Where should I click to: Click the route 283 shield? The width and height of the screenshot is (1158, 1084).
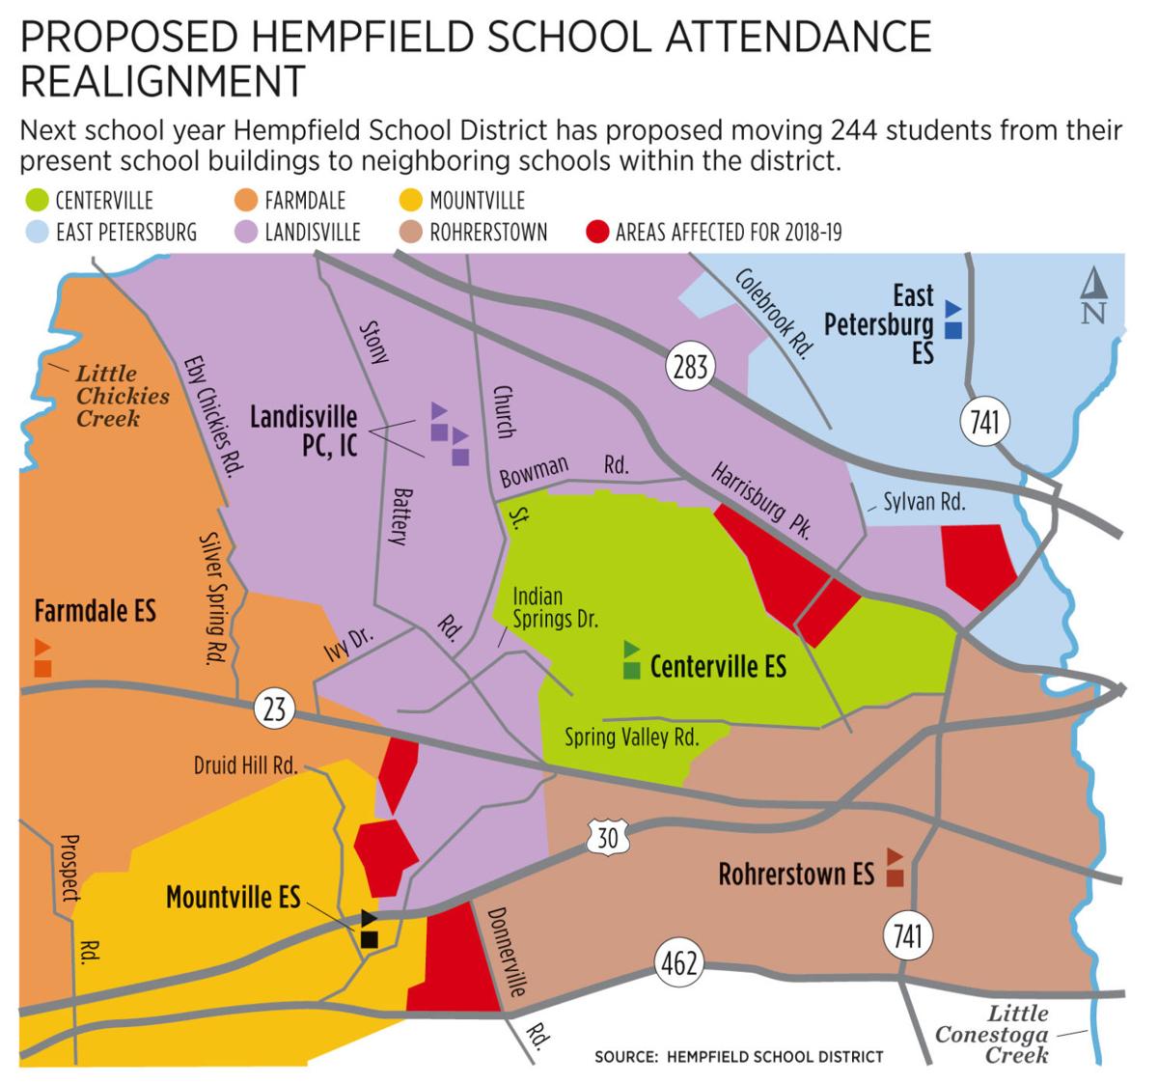690,366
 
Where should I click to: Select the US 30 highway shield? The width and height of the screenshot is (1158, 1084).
608,837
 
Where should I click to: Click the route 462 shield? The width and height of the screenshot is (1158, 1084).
678,962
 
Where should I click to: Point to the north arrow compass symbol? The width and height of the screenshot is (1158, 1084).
1092,296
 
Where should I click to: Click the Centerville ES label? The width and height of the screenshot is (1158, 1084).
718,666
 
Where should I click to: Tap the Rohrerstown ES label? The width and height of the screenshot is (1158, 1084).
796,875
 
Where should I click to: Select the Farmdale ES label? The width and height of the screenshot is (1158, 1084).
95,610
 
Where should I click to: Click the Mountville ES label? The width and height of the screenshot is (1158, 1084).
233,897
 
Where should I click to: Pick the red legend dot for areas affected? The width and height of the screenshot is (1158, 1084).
598,232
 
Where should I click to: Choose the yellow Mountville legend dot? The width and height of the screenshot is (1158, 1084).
412,201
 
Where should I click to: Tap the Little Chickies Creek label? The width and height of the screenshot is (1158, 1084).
123,396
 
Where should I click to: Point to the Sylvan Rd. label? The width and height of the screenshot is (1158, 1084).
924,502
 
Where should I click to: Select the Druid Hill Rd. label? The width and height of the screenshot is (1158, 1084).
245,765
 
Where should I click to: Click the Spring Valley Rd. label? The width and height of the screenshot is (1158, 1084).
631,737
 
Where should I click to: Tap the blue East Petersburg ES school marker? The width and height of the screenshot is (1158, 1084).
953,320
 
